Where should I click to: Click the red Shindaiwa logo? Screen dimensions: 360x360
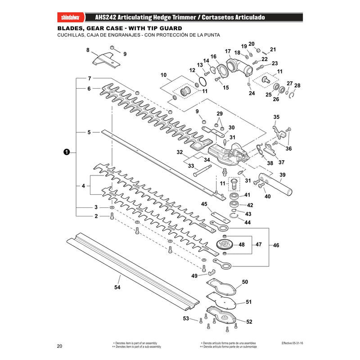click(x=71, y=18)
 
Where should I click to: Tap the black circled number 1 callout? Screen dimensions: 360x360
click(x=66, y=152)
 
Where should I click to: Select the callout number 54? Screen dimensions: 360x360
click(x=117, y=287)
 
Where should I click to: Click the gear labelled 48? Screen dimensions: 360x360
click(x=225, y=244)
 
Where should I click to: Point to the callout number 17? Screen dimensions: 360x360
click(x=228, y=51)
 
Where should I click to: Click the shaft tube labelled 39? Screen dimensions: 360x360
click(x=275, y=184)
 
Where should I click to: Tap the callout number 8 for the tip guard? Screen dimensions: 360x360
click(x=88, y=50)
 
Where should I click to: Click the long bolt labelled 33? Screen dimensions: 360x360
click(x=202, y=171)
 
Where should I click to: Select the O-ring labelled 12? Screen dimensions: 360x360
click(x=202, y=81)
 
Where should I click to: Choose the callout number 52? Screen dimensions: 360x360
click(x=249, y=322)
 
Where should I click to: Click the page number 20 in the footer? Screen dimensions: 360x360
click(x=59, y=346)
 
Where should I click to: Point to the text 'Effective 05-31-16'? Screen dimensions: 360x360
click(x=292, y=343)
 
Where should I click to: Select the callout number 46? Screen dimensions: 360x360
click(x=276, y=245)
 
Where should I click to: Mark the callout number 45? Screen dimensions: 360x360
click(x=204, y=204)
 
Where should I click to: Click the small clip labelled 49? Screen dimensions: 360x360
click(x=211, y=272)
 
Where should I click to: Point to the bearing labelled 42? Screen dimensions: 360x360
click(x=234, y=204)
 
